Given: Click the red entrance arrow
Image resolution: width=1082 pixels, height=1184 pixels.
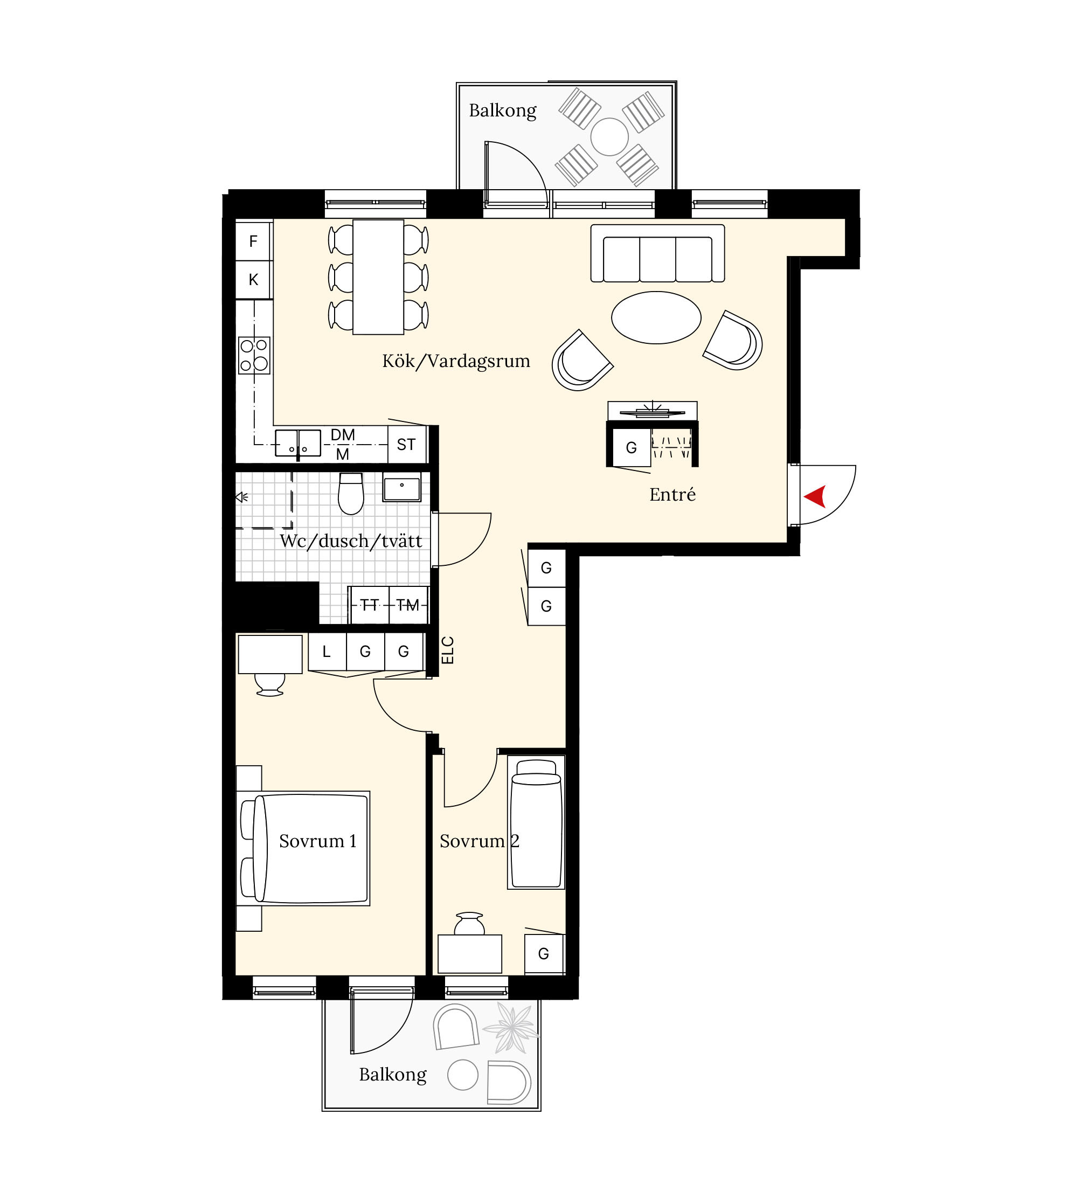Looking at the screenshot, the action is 815,496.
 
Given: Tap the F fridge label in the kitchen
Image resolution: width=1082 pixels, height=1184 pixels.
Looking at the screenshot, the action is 253,241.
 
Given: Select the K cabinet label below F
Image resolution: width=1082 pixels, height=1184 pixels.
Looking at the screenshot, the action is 253,280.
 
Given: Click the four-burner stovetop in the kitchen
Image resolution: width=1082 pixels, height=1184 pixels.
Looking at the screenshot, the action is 254,355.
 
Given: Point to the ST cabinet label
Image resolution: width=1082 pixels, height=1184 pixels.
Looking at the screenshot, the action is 406,445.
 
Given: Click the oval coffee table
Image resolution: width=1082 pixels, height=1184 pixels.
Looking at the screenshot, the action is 656,317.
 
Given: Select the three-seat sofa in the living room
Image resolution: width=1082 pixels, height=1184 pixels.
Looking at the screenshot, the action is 657,253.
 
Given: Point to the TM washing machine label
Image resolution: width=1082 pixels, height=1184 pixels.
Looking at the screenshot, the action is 408,605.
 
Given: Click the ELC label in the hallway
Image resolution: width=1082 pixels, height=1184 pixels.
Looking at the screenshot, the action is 447,650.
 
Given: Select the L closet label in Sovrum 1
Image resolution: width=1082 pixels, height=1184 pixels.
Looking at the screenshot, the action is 327,652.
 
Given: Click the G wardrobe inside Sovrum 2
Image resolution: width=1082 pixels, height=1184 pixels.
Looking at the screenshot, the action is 544,954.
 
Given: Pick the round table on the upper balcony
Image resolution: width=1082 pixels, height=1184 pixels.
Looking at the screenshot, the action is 609,137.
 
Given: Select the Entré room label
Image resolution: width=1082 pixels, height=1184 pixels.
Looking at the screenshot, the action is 672,495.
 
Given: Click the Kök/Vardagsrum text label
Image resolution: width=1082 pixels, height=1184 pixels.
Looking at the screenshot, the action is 456,361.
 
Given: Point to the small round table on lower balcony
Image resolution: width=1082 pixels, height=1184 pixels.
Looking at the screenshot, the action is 463,1075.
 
